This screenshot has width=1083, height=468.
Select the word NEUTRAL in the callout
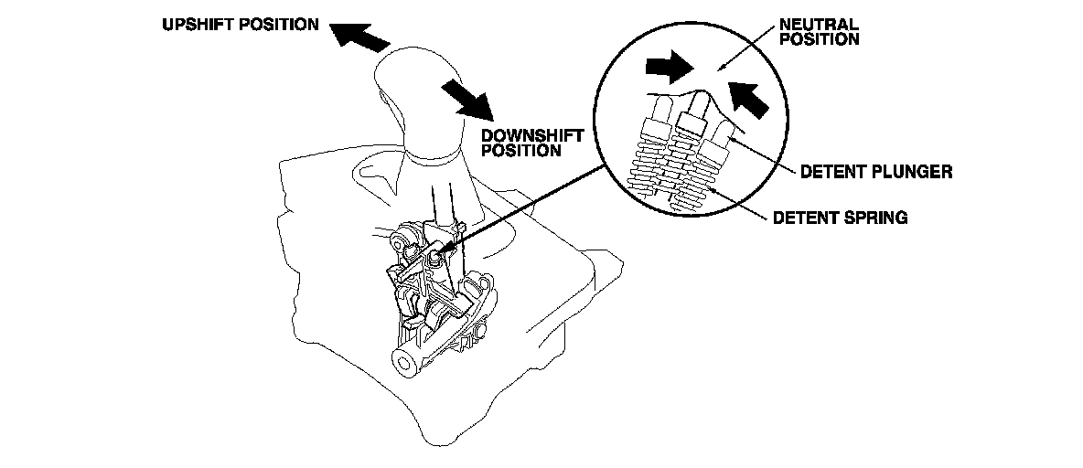click(819, 25)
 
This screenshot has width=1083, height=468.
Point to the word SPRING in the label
click(875, 218)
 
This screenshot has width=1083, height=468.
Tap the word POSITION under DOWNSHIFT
click(520, 150)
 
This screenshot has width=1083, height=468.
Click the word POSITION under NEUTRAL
click(820, 39)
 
